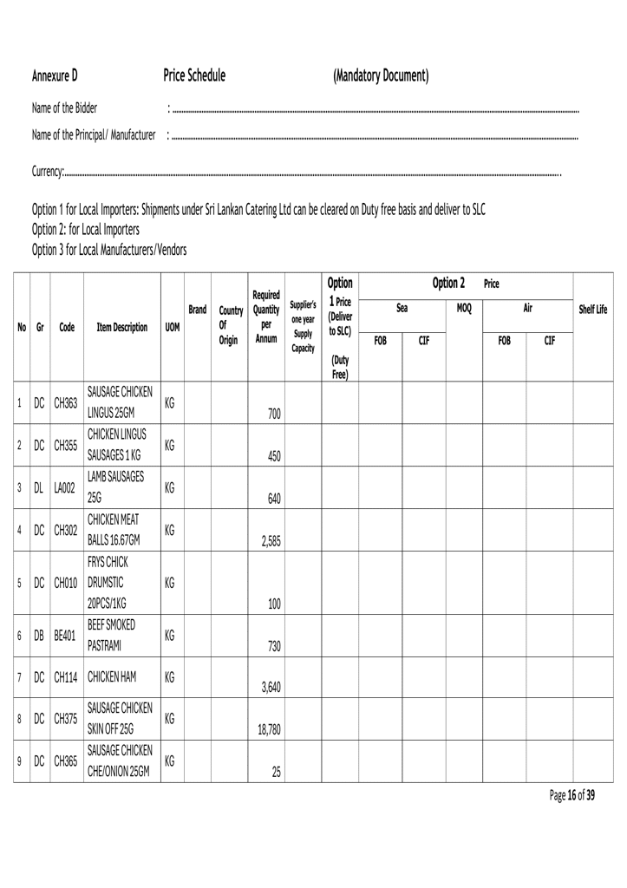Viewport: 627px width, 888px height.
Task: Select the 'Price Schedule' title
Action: point(194,76)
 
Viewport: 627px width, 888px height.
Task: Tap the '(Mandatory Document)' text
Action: point(381,76)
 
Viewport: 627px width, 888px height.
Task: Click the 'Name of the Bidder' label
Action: point(64,108)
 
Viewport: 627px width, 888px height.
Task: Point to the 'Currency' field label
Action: point(48,173)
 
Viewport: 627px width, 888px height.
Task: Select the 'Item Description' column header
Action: point(121,328)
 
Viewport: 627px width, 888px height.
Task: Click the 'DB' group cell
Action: point(39,635)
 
